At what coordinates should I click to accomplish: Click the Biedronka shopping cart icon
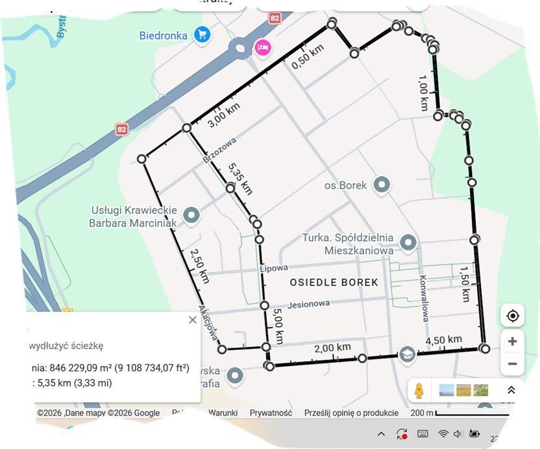[202, 35]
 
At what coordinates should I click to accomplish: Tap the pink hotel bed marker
[262, 47]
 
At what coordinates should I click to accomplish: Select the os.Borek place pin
[382, 185]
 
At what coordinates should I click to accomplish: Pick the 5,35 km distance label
[240, 179]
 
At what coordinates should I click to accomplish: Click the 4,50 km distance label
[444, 340]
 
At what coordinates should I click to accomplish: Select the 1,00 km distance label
[423, 93]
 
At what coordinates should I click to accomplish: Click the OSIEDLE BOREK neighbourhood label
[334, 282]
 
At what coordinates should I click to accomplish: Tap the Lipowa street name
[273, 268]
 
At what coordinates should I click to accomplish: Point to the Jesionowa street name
[308, 303]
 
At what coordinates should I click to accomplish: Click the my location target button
[512, 316]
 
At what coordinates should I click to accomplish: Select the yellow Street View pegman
[419, 391]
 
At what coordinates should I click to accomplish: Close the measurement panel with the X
[192, 320]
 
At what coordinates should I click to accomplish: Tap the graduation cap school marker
[406, 354]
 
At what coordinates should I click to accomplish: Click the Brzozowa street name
[219, 150]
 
